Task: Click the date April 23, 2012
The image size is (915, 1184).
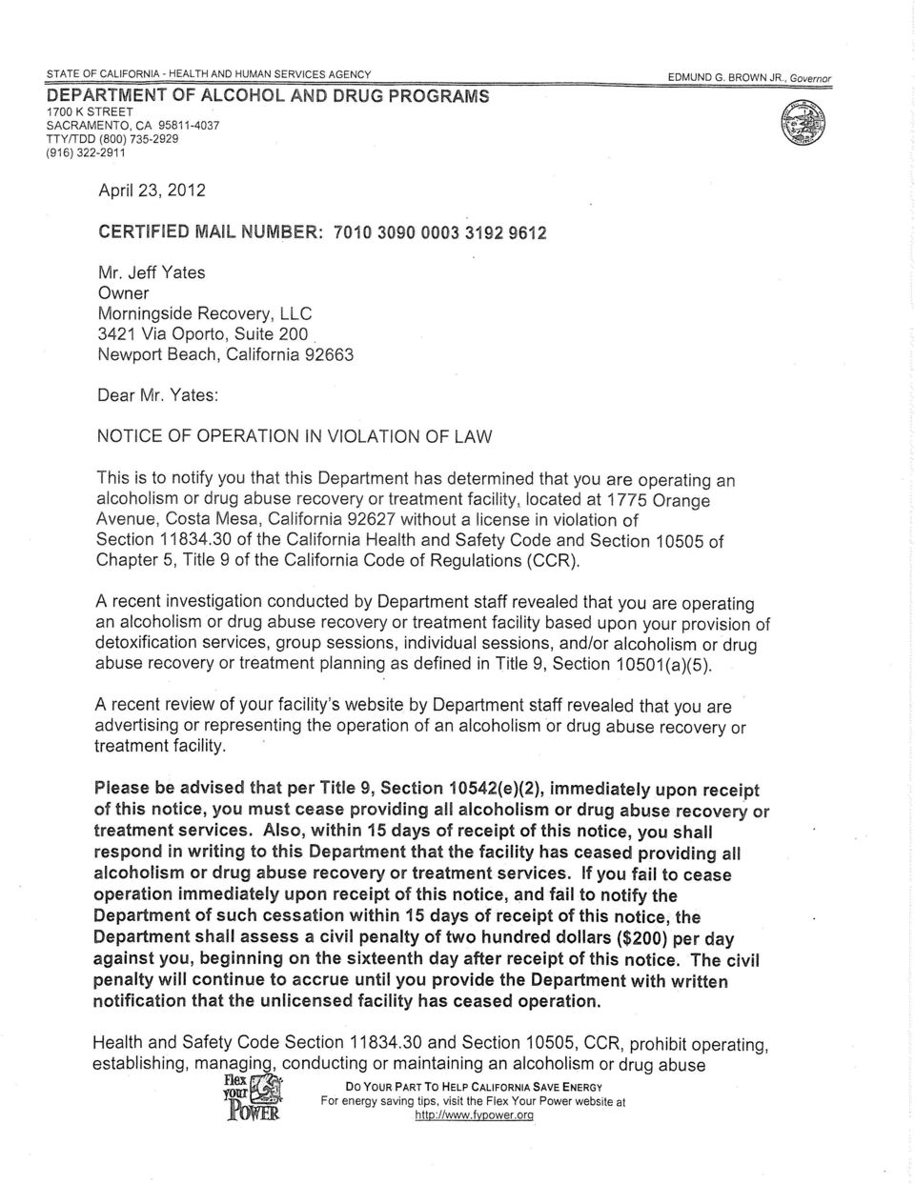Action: pos(152,190)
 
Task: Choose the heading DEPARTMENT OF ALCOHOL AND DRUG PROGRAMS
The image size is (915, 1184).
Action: pos(269,96)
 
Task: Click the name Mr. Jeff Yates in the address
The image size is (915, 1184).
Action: pos(152,272)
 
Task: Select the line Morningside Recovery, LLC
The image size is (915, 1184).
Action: pos(205,313)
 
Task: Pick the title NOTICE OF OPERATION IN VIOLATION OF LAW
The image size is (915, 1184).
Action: pos(295,437)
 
